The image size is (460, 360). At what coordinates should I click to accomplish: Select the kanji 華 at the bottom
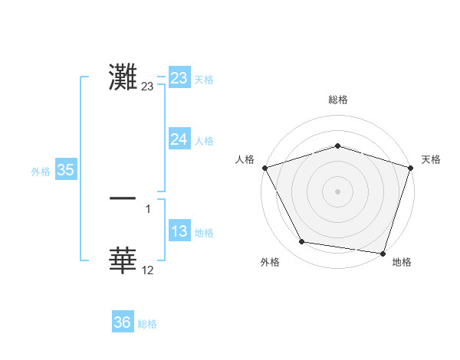123,260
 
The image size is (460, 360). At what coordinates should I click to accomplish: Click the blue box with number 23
179,78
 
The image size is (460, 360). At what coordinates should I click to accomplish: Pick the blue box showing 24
179,139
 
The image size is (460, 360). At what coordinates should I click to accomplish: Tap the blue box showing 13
179,232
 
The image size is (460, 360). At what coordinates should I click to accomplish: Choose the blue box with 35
65,171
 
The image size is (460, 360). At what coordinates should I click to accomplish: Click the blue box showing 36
122,323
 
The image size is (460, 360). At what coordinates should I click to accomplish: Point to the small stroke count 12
148,270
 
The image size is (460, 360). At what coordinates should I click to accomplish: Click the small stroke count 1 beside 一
148,208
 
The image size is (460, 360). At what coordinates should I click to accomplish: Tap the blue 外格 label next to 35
41,172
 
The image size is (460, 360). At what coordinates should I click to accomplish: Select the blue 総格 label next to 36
147,324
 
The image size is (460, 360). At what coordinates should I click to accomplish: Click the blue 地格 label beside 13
204,233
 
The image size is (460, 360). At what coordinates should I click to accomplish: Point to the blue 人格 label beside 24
204,140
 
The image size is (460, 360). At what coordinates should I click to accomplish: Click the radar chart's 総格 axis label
337,100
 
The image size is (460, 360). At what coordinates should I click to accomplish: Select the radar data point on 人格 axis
264,168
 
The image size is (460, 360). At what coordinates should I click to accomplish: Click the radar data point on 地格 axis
383,253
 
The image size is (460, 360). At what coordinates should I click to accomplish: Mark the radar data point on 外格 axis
302,242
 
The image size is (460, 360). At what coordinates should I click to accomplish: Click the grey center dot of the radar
337,191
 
